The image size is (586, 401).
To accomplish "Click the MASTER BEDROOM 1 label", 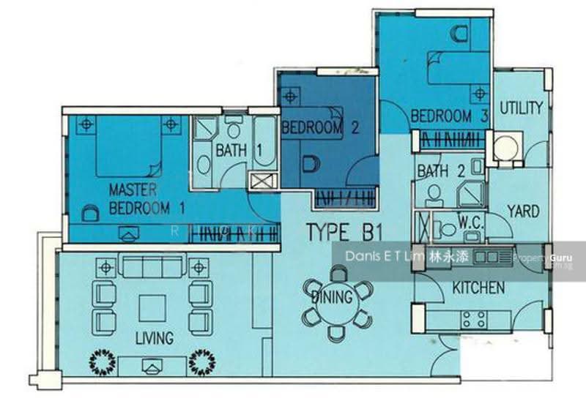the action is click(x=146, y=198).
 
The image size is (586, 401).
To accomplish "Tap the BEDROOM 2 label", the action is click(x=320, y=128).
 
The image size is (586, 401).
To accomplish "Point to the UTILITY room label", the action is click(x=521, y=108).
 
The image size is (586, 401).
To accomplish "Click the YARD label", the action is click(x=523, y=211).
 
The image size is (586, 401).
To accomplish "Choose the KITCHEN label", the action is click(x=478, y=288).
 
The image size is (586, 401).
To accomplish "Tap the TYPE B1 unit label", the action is click(x=344, y=232).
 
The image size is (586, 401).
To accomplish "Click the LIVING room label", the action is click(x=155, y=338).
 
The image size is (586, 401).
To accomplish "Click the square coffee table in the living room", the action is click(x=152, y=308).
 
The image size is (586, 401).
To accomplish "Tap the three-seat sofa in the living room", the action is click(x=152, y=266).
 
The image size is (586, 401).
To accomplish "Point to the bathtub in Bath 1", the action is click(x=264, y=142).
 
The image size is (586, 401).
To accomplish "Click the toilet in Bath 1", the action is click(x=234, y=127).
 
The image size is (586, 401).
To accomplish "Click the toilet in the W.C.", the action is click(x=445, y=229).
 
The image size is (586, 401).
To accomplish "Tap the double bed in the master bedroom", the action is click(x=129, y=146).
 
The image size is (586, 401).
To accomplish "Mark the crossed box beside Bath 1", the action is click(x=264, y=181).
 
